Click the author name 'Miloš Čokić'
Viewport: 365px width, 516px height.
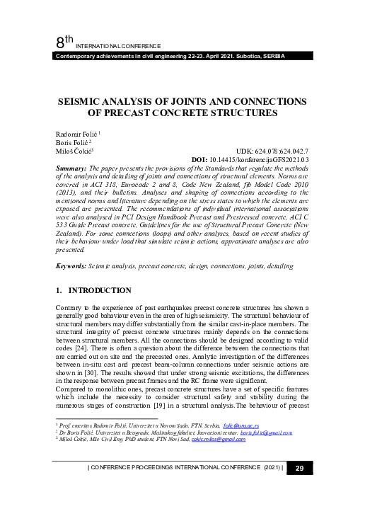pyautogui.click(x=73, y=151)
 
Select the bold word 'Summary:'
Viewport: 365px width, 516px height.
pyautogui.click(x=71, y=168)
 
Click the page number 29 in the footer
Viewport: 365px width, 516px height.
pyautogui.click(x=299, y=488)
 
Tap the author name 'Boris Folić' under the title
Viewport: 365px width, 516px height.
pyautogui.click(x=71, y=142)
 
